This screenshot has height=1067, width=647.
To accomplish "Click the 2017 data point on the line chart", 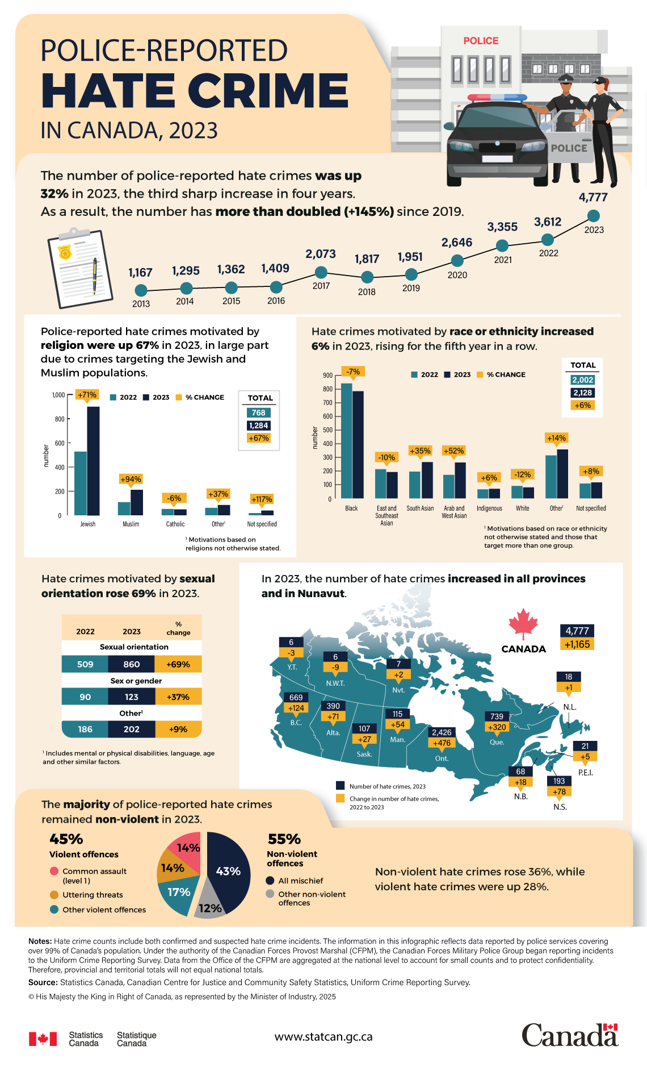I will [x=321, y=272].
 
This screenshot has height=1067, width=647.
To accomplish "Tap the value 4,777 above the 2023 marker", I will [x=593, y=197].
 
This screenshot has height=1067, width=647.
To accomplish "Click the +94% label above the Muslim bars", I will [x=131, y=479].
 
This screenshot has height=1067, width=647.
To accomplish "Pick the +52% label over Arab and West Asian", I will [x=453, y=451].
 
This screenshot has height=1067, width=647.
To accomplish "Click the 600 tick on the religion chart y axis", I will [x=60, y=443].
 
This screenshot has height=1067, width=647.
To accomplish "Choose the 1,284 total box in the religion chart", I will [x=258, y=426].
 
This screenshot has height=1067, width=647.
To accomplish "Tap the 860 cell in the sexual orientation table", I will [x=131, y=664].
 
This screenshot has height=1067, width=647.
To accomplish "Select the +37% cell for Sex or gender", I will [x=178, y=697].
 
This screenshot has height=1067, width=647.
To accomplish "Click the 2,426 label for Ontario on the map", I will [x=442, y=732].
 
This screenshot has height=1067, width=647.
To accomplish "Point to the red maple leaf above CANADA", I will [x=523, y=624].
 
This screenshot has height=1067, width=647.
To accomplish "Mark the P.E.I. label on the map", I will [x=585, y=773].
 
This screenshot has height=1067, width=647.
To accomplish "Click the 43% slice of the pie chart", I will [x=229, y=871].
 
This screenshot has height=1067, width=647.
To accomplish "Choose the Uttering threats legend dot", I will [x=54, y=895].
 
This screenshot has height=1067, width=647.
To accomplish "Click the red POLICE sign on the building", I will [x=481, y=41].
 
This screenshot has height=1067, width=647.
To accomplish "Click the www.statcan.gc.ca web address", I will [x=323, y=1037].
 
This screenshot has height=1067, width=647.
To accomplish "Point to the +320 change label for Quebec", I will [x=497, y=727].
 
